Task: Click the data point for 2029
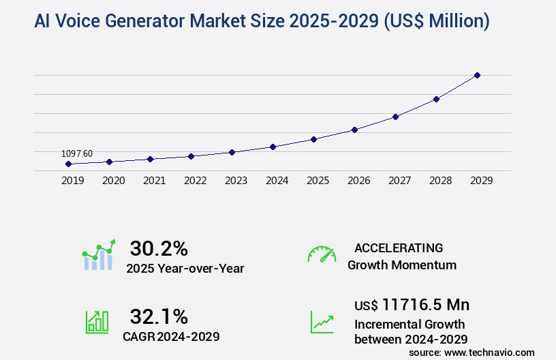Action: tap(477, 75)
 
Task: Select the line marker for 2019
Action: tap(68, 164)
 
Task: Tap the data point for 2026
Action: tap(354, 130)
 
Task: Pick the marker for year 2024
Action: tap(273, 147)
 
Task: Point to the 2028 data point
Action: tap(436, 99)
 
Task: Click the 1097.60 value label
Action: tap(77, 154)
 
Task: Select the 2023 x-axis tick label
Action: tap(236, 181)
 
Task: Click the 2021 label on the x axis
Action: tap(154, 181)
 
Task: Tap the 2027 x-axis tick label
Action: tap(399, 181)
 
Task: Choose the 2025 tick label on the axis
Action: tap(318, 181)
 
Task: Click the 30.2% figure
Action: tap(158, 248)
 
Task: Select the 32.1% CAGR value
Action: tap(158, 316)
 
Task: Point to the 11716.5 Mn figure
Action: tap(425, 304)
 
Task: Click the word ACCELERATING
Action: tap(399, 247)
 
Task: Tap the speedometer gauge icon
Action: tap(322, 254)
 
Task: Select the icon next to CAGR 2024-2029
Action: tap(97, 322)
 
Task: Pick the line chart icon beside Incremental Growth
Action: tap(322, 322)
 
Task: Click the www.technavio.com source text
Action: tap(489, 352)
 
